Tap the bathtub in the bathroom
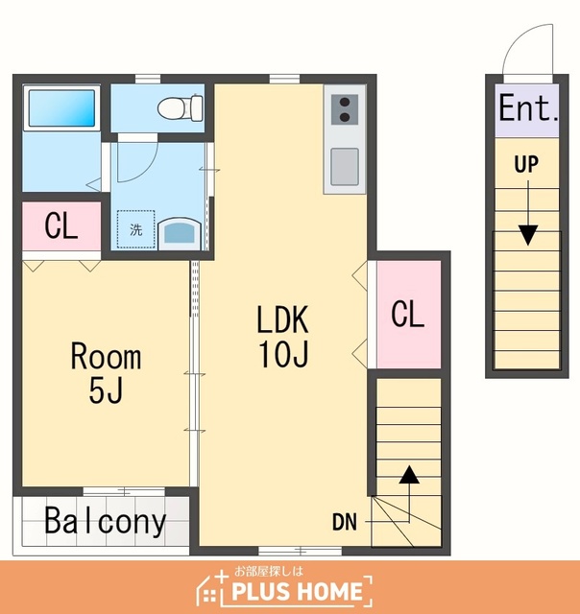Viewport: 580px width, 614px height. click(x=61, y=108)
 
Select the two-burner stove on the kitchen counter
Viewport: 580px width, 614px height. click(x=345, y=109)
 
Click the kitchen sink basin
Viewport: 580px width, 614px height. click(x=345, y=166)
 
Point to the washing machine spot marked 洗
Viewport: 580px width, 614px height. click(x=136, y=229)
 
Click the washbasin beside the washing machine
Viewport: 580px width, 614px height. click(x=180, y=234)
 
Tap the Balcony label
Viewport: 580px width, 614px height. click(x=106, y=521)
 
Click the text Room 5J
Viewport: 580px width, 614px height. click(x=106, y=373)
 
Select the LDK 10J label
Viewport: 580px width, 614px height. click(x=283, y=336)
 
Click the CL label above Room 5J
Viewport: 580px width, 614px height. click(x=60, y=225)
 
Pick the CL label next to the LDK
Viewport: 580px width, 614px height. click(x=407, y=314)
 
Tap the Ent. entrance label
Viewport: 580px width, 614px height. click(x=527, y=107)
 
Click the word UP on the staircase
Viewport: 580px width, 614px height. click(x=526, y=164)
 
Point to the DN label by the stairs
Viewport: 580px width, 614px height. click(x=345, y=522)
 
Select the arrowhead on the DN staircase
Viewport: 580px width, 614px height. click(x=409, y=474)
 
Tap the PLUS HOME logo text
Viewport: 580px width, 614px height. click(x=297, y=591)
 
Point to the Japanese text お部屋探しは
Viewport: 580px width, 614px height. click(x=269, y=572)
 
